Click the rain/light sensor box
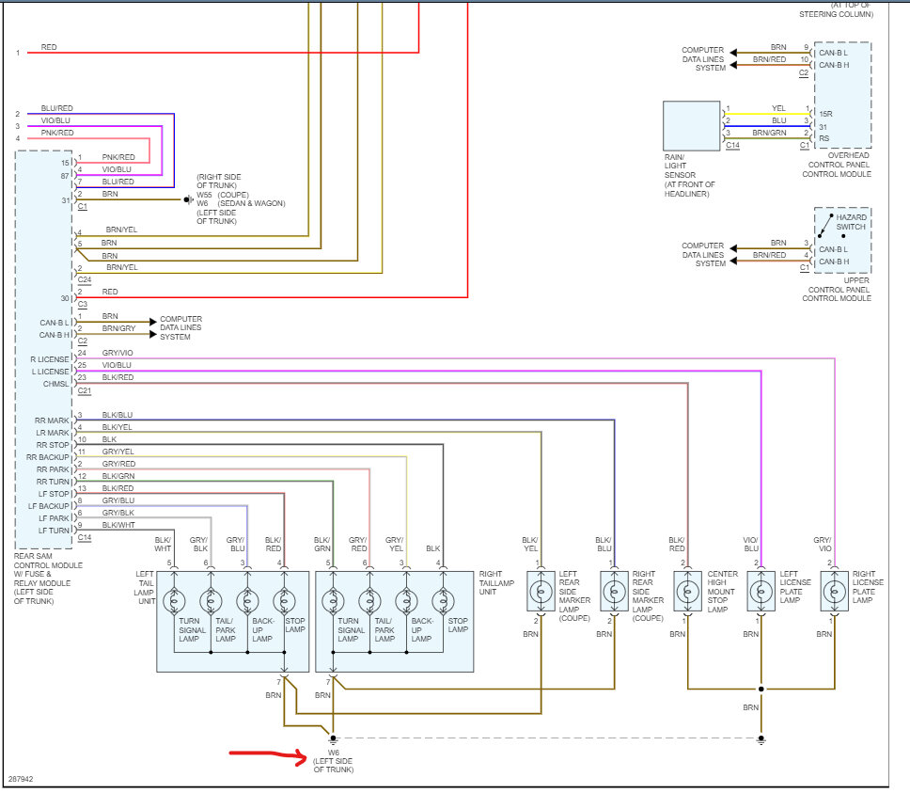coord(691,126)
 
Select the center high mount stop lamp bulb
coord(688,592)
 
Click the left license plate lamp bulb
coord(761,592)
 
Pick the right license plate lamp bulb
coord(835,592)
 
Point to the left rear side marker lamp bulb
coord(541,592)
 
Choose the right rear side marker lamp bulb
coord(614,592)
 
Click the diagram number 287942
coord(21,779)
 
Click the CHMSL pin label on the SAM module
coord(55,384)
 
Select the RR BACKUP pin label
coord(48,457)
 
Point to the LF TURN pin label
coord(54,531)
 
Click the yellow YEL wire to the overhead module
coord(767,114)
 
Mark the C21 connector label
coord(85,390)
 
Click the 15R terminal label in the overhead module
coord(825,114)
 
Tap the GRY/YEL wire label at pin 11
coord(118,452)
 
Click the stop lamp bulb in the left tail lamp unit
coord(284,601)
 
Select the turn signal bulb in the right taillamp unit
coord(333,601)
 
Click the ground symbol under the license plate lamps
coord(761,739)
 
